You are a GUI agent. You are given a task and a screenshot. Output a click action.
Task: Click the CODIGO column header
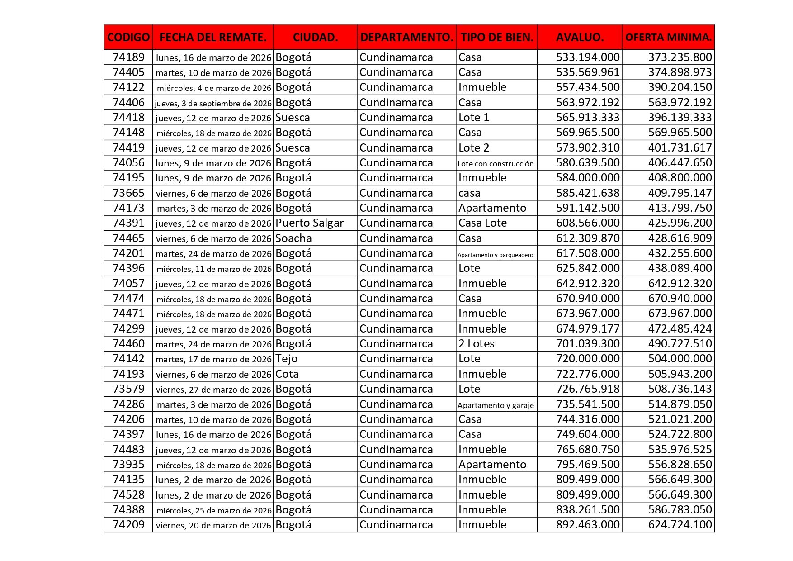coord(128,37)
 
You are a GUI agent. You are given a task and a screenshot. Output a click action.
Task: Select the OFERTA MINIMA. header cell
coord(668,37)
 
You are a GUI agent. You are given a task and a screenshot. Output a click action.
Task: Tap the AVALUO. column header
coord(580,37)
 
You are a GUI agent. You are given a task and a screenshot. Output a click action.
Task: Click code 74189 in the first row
coord(128,57)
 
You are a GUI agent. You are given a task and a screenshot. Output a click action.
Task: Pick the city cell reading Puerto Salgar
coord(309,223)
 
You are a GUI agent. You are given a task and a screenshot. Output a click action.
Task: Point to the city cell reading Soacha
coord(293,238)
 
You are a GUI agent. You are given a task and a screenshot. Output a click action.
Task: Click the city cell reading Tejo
coord(287,359)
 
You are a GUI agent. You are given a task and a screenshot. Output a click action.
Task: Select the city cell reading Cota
coord(287,374)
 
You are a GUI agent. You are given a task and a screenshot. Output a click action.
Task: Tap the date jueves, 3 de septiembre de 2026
coord(213,103)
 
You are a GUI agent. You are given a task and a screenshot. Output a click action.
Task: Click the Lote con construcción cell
coord(496,163)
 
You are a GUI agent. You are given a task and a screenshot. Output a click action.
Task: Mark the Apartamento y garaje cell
coord(496,405)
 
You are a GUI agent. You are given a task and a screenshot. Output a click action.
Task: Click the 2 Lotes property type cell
coord(476,344)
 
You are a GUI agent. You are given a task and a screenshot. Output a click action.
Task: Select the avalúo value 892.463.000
coord(587,525)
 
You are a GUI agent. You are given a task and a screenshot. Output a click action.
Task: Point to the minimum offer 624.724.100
coord(680,525)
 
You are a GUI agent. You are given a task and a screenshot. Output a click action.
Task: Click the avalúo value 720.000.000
coord(587,359)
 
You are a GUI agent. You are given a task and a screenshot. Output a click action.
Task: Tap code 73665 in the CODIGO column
coord(128,193)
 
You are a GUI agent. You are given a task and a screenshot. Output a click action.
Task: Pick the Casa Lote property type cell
coord(482,223)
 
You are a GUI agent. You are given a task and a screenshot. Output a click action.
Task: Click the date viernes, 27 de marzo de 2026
coord(213,390)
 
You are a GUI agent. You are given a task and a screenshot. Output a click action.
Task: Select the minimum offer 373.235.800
coord(680,57)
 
